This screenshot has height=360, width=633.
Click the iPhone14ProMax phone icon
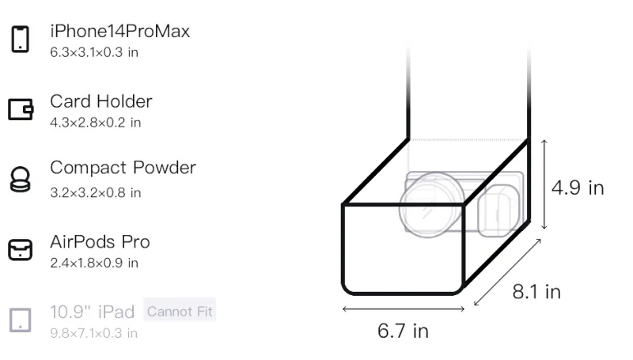(x=21, y=39)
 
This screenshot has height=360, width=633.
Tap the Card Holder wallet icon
(x=21, y=109)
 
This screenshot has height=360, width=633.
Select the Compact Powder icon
(x=21, y=179)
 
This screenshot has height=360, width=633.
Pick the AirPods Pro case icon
(x=21, y=249)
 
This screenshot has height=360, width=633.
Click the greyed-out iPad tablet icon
(x=21, y=320)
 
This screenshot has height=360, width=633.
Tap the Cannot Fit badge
(x=180, y=311)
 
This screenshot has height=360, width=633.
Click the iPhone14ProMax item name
(x=120, y=32)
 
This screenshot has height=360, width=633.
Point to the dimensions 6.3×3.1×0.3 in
(x=94, y=52)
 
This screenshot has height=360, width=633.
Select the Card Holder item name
(x=101, y=101)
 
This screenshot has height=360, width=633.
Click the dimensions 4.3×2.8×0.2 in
(x=95, y=123)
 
